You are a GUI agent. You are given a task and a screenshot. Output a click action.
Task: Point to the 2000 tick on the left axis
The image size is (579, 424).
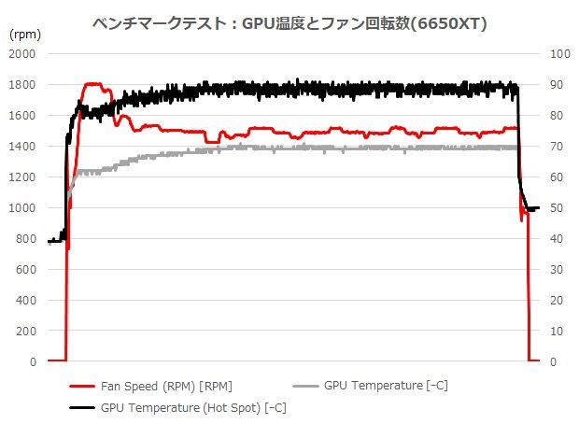tap(22, 54)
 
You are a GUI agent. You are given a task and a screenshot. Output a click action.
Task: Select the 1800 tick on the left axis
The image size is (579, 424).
tap(22, 85)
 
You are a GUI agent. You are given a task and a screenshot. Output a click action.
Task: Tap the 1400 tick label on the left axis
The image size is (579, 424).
tap(22, 147)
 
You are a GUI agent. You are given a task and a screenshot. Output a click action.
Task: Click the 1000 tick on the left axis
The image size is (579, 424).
tap(22, 208)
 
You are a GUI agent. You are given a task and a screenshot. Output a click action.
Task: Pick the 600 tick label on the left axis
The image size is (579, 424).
tap(25, 270)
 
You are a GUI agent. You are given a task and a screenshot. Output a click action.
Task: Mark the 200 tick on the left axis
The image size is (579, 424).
tap(25, 332)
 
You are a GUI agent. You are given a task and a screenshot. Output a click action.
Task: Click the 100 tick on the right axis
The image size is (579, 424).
tap(559, 54)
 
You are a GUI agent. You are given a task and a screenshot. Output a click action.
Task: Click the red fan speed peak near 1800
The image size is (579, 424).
tap(93, 84)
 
